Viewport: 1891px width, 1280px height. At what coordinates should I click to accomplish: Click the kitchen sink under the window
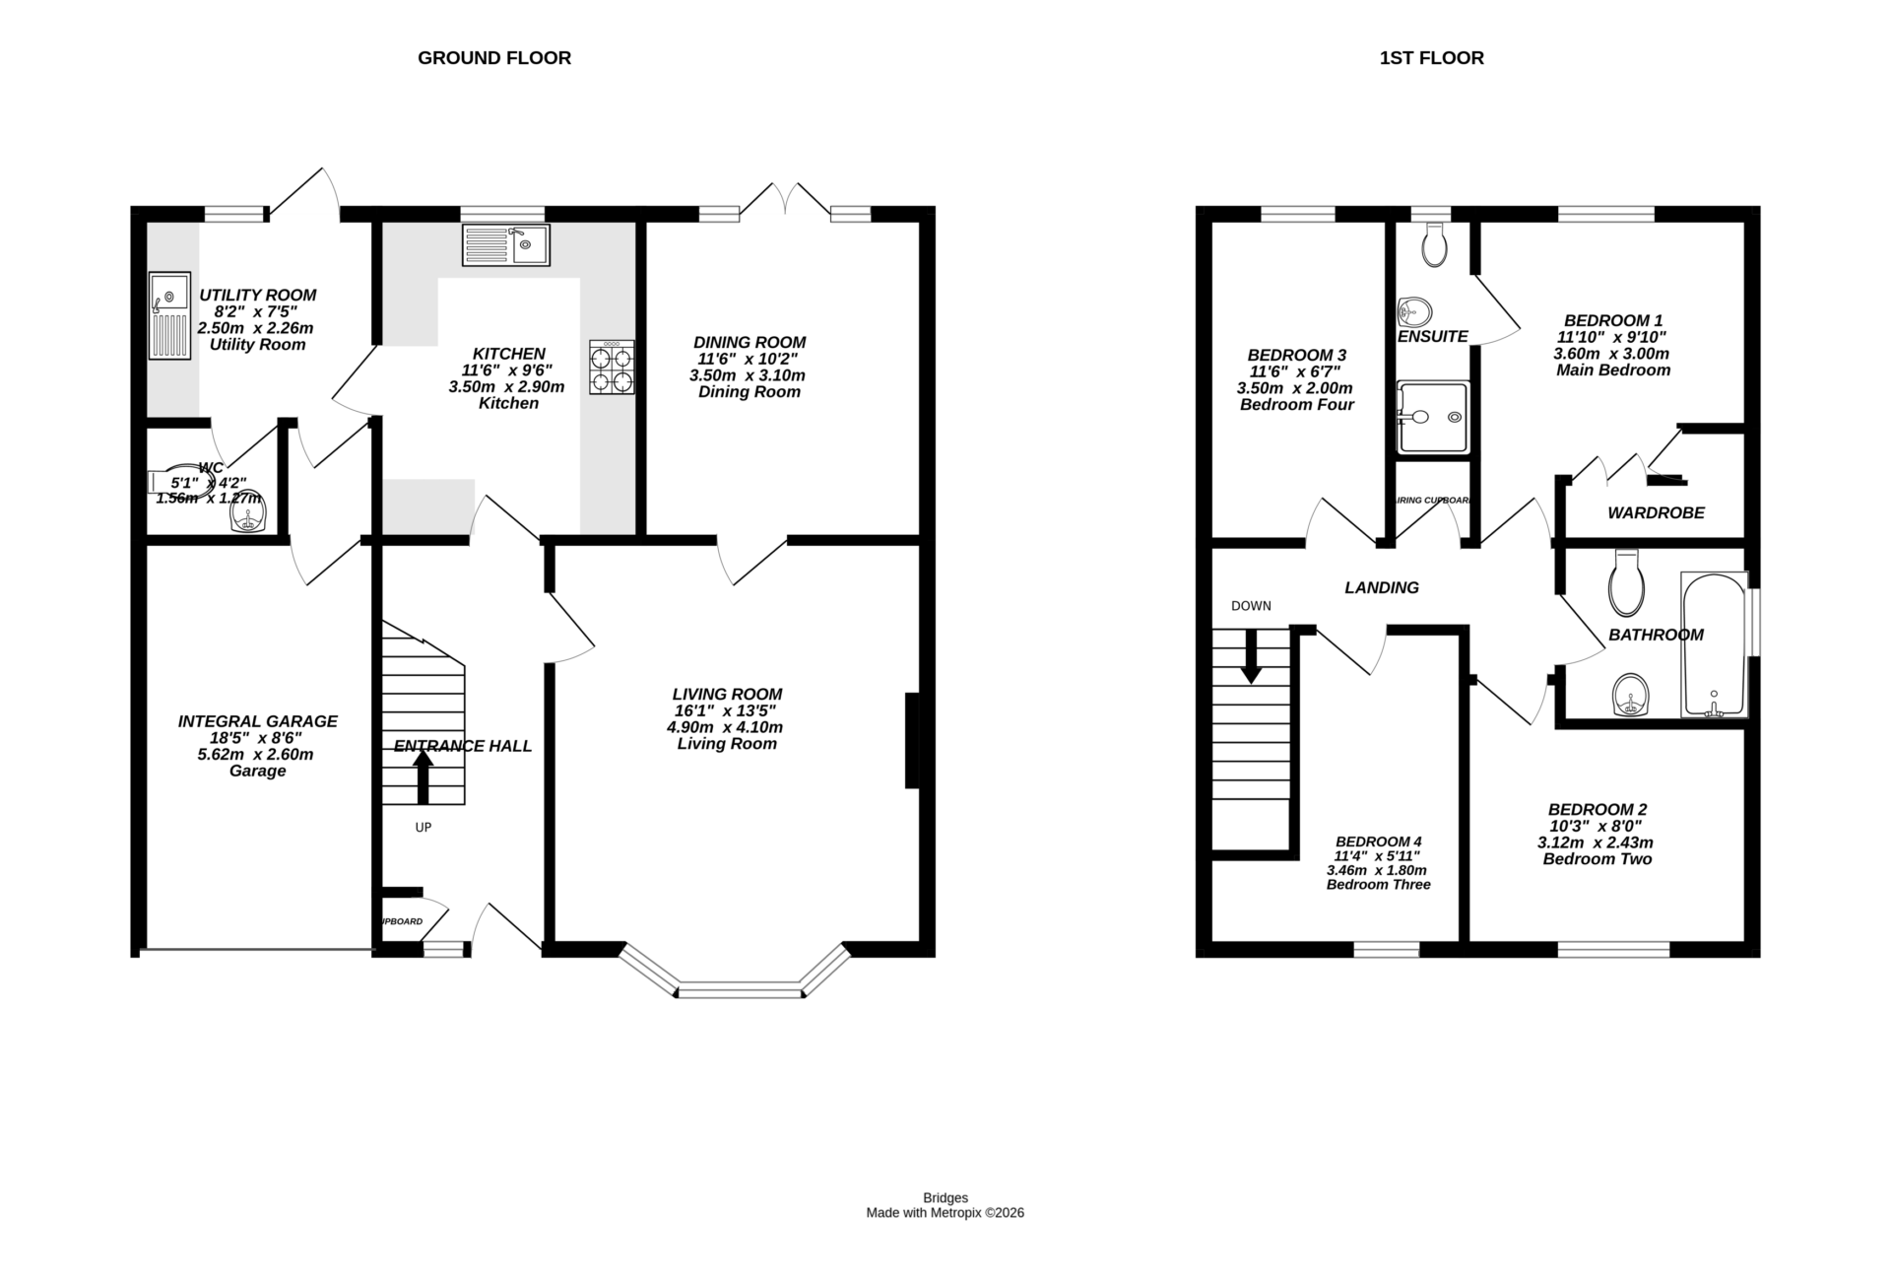pos(506,245)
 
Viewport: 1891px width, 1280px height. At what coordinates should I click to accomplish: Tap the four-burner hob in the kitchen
pos(612,368)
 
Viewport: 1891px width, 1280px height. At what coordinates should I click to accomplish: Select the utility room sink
pos(169,316)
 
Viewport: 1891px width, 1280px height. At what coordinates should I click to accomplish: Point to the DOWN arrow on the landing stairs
pos(1251,656)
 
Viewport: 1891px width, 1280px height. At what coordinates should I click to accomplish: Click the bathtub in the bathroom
pos(1714,644)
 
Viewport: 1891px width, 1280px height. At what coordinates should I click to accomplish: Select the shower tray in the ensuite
pos(1432,418)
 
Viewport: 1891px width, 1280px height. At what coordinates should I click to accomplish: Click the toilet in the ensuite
pos(1435,243)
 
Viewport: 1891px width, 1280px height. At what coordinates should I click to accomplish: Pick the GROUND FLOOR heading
pos(494,58)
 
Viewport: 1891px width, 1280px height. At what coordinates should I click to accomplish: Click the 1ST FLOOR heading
pos(1431,58)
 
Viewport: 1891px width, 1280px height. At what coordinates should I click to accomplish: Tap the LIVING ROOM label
pos(727,694)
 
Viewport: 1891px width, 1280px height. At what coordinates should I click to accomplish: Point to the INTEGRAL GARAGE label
pos(257,721)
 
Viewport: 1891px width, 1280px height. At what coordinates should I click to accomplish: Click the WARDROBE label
pos(1656,512)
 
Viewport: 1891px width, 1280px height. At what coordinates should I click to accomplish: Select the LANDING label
pos(1382,587)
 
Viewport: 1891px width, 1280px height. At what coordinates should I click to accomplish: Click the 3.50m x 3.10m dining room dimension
pos(748,375)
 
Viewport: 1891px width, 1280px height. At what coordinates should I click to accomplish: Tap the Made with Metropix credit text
pos(945,1213)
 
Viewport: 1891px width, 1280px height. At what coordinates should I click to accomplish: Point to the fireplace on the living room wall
pos(912,741)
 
